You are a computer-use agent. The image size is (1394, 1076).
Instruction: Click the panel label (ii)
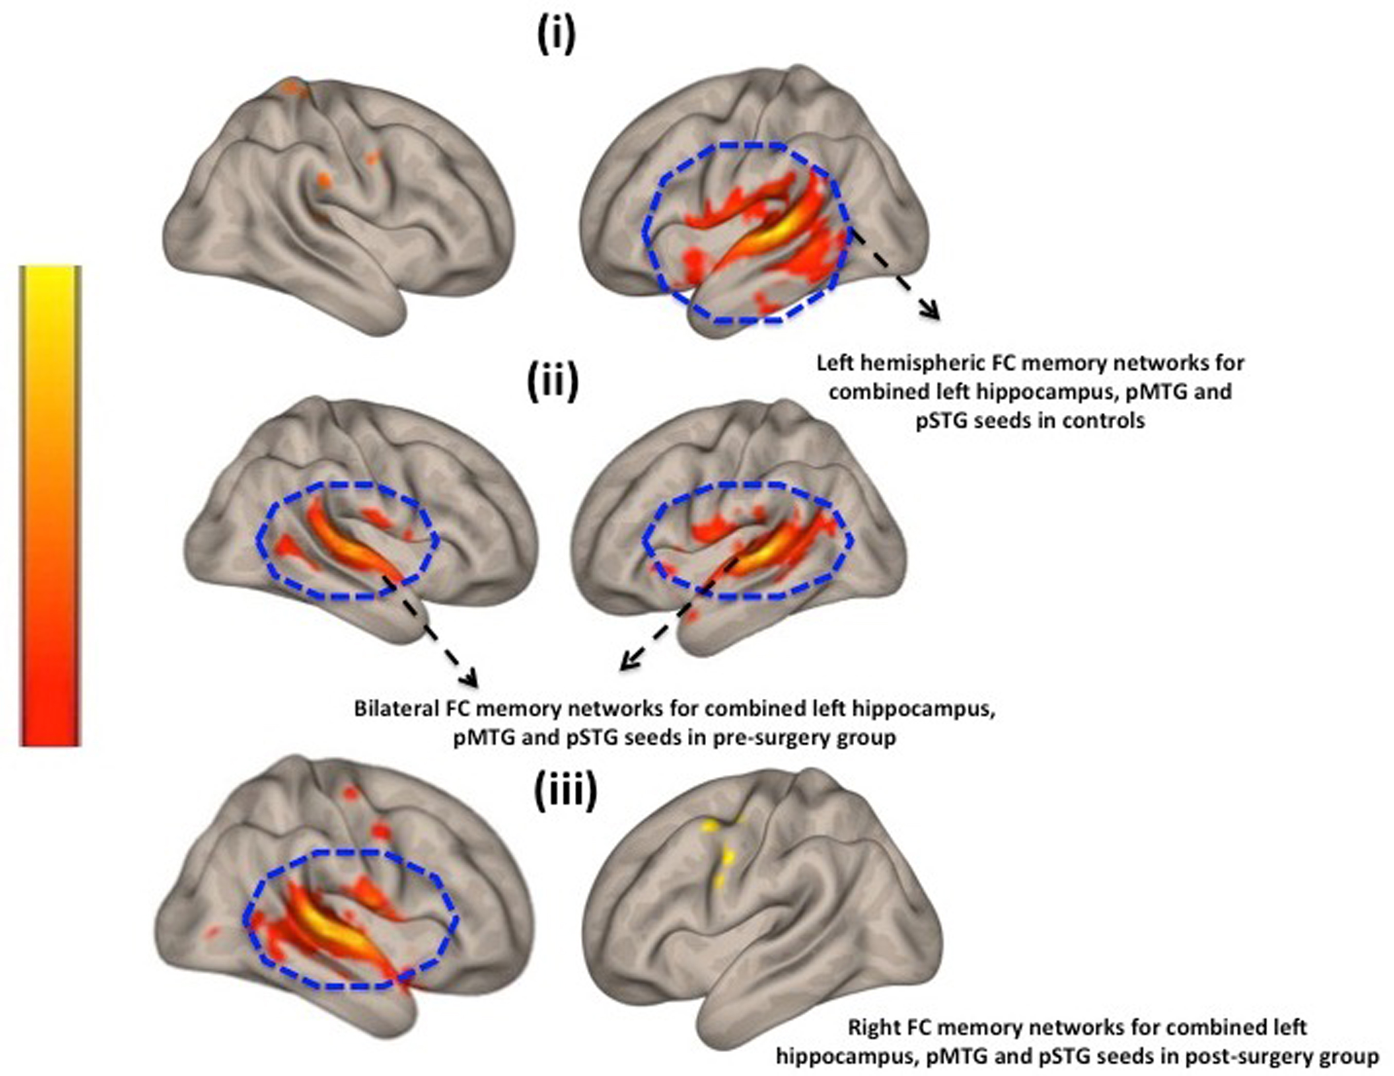pyautogui.click(x=553, y=382)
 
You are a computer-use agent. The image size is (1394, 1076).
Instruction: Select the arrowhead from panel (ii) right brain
pyautogui.click(x=629, y=664)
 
